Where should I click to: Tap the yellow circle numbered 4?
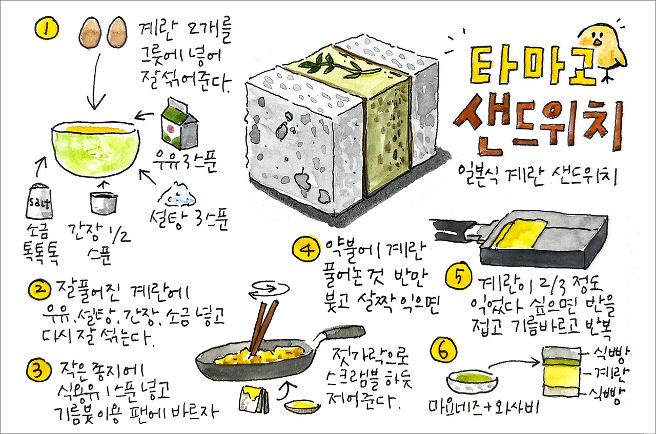click(x=306, y=251)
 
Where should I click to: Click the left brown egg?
click(x=90, y=33)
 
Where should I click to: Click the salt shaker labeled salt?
click(x=39, y=201)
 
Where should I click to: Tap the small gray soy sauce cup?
click(x=104, y=202)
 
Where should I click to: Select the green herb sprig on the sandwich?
click(x=340, y=67)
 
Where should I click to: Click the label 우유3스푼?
click(x=185, y=161)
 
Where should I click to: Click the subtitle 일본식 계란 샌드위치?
click(x=538, y=175)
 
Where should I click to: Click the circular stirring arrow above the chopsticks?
click(x=269, y=290)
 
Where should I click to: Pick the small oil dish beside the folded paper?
click(x=302, y=406)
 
